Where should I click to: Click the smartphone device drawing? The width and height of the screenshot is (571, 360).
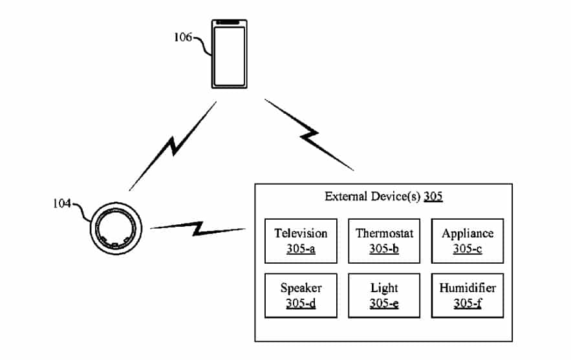click(x=230, y=52)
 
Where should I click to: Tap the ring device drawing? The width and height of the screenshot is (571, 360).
click(x=116, y=228)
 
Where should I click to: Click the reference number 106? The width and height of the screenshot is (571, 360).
click(x=183, y=37)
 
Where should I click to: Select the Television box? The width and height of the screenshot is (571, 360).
click(x=301, y=240)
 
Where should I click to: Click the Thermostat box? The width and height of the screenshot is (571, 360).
click(x=384, y=240)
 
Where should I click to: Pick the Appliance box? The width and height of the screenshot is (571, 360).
click(x=467, y=240)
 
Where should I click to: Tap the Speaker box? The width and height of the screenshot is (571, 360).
click(x=301, y=295)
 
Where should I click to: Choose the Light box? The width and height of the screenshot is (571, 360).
click(x=384, y=295)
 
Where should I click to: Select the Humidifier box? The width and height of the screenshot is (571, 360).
click(x=467, y=295)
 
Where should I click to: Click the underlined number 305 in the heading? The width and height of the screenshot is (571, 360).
click(x=433, y=196)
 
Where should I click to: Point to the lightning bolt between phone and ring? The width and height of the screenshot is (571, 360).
click(x=173, y=146)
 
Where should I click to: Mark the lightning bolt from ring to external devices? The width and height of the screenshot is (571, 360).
click(x=197, y=228)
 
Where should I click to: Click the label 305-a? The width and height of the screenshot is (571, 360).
click(x=301, y=248)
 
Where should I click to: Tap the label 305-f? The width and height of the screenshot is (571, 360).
click(x=467, y=302)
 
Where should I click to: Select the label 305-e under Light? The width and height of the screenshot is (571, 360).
click(x=384, y=302)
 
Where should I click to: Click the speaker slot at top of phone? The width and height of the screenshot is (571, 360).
click(x=230, y=22)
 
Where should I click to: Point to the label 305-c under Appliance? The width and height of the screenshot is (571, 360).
click(x=467, y=248)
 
